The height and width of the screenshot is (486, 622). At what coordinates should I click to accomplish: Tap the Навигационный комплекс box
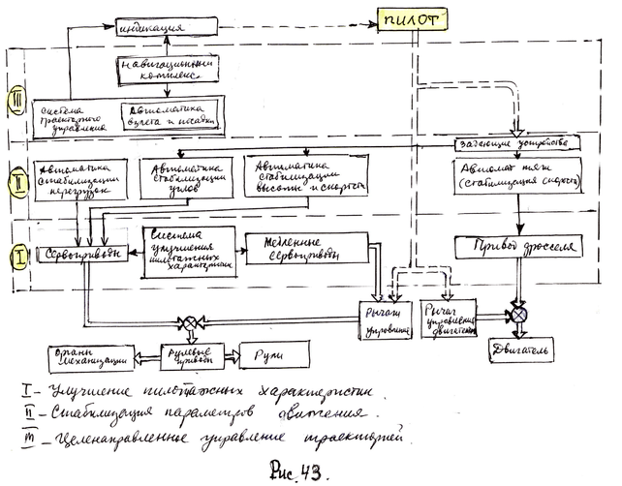coord(163,70)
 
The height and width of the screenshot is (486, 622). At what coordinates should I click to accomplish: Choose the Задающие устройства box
coord(518,143)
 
